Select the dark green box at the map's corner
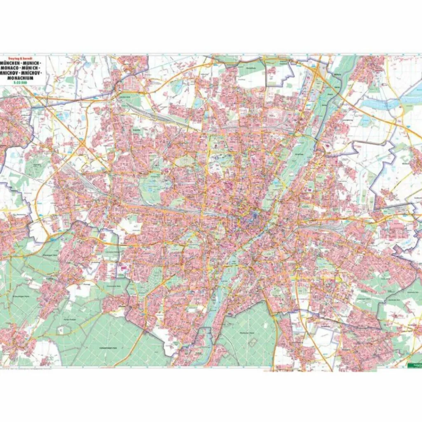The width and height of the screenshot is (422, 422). (414, 365)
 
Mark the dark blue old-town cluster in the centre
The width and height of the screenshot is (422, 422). (252, 216)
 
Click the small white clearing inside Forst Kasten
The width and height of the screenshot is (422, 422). (61, 329)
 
